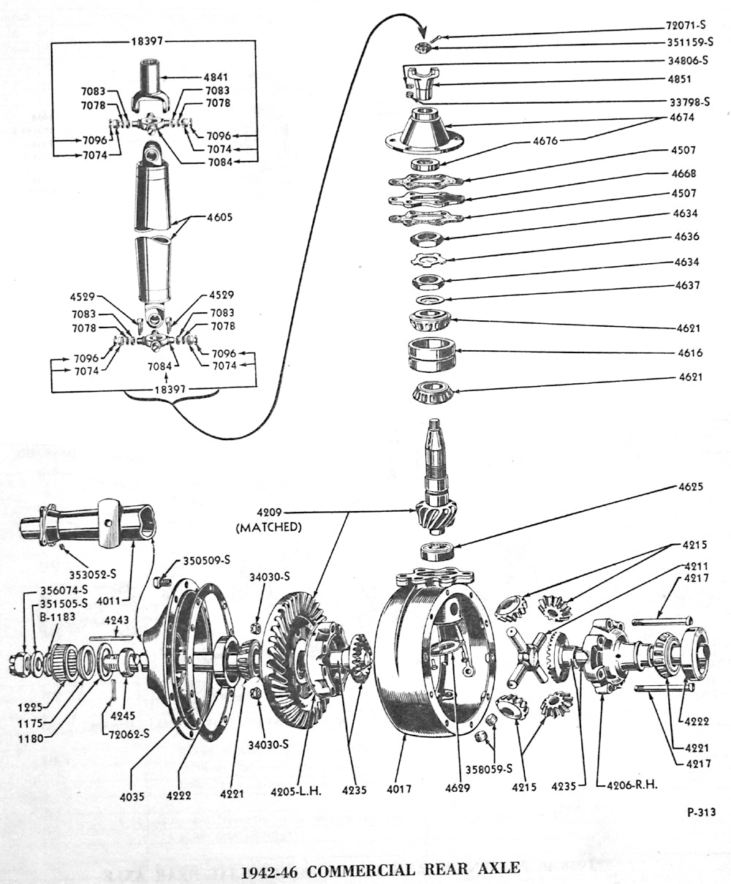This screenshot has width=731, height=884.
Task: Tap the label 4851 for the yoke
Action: click(685, 79)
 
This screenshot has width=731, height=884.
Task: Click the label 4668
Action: click(684, 174)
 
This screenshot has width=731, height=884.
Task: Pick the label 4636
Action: click(686, 236)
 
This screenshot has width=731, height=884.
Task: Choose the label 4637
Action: click(686, 284)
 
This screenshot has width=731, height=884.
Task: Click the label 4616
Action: click(690, 352)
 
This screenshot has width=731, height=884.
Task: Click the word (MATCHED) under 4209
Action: click(268, 526)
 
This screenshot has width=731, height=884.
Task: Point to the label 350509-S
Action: click(206, 560)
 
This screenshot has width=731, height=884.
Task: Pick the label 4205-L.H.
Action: click(297, 789)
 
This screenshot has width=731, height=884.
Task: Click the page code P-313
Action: click(700, 811)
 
